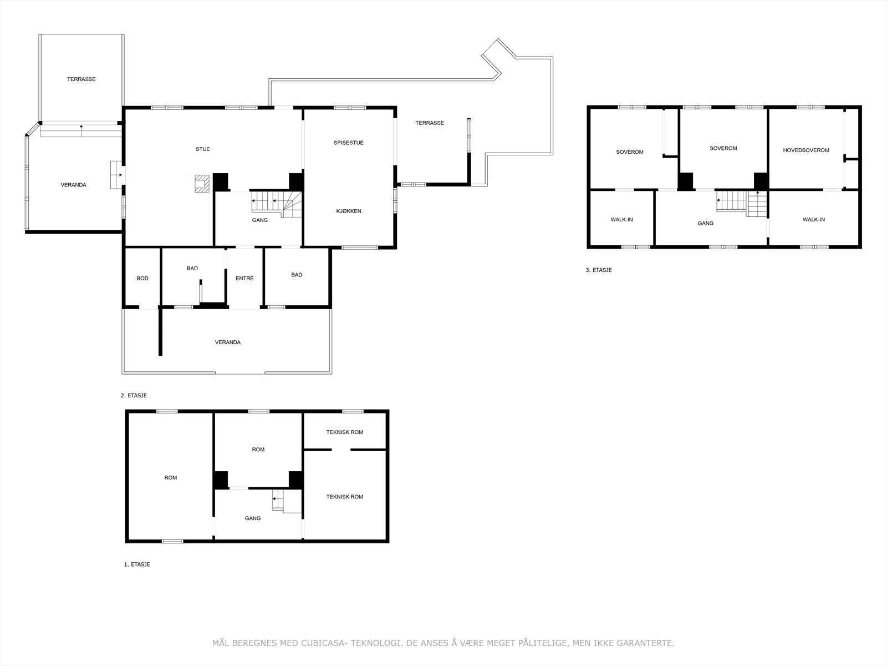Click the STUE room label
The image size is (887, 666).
pos(202,149)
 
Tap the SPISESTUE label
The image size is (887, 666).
pos(348,143)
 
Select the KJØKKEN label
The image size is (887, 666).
pos(348,211)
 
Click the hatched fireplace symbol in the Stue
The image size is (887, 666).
pos(202,183)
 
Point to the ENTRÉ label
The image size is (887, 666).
pos(244,278)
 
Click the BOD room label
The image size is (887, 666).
pos(142,278)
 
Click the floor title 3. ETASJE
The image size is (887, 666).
pos(598,270)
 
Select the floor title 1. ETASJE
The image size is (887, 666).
pos(137,564)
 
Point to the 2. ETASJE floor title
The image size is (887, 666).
pos(134,396)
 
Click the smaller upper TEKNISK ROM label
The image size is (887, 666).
pos(344,432)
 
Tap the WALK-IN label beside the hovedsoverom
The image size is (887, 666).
pos(813,219)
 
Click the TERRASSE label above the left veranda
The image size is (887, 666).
pos(81,79)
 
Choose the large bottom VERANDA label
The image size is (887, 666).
pos(227,342)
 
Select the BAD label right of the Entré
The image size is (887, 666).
pos(297,275)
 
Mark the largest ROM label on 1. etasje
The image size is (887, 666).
pos(170,477)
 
